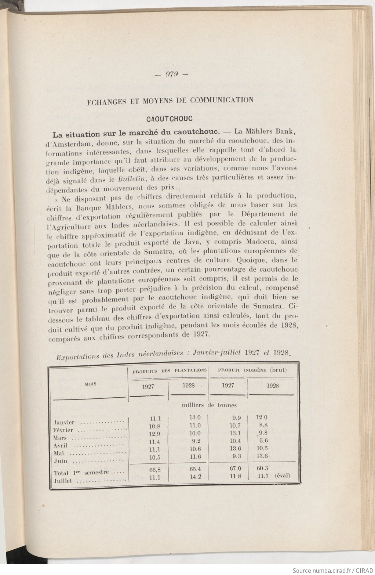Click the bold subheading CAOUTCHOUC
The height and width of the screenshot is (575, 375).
(170, 119)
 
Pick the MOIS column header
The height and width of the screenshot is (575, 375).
(90, 384)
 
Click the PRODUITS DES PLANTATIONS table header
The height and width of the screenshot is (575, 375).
(169, 370)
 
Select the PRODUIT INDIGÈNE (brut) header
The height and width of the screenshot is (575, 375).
(252, 370)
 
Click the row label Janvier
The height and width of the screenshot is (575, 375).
(64, 423)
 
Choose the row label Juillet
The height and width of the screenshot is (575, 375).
(63, 480)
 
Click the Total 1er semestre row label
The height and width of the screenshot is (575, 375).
(81, 473)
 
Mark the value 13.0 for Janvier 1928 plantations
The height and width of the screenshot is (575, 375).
(195, 417)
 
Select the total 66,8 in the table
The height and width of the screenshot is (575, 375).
(154, 470)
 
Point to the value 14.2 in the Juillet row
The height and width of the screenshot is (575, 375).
(195, 477)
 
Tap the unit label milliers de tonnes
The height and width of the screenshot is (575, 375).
(210, 405)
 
